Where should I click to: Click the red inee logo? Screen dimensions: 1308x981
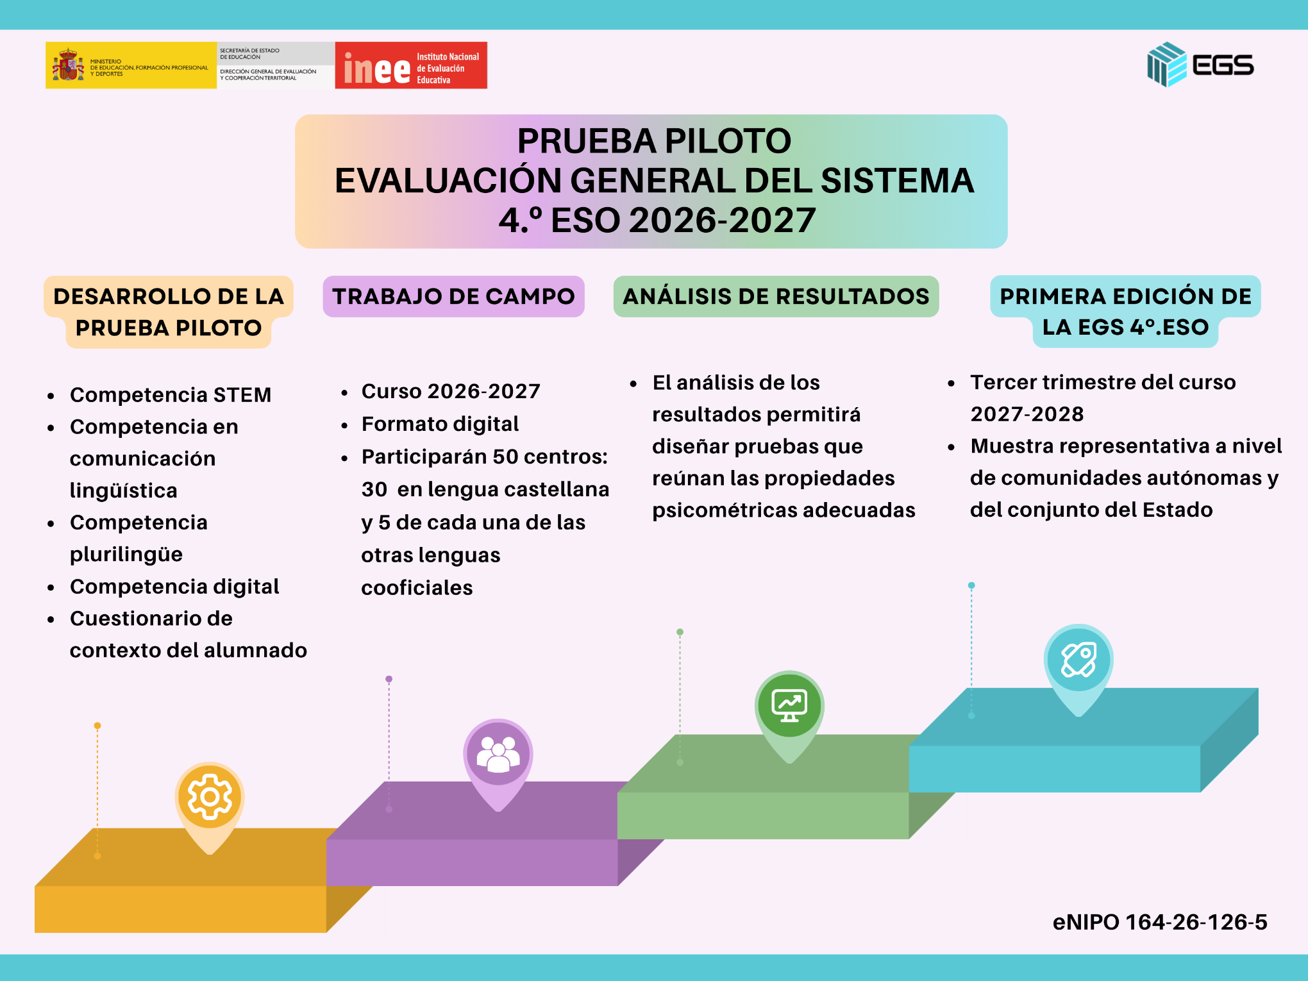[411, 65]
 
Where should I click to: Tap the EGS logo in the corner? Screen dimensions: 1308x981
[1200, 65]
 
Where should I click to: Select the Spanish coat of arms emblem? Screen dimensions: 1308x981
[68, 65]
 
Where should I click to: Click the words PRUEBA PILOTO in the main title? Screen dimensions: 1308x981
[654, 141]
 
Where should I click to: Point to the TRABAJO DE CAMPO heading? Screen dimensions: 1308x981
[453, 296]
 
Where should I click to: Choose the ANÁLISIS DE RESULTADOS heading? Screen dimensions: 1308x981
[776, 296]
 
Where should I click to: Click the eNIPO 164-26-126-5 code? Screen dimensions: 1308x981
[1160, 922]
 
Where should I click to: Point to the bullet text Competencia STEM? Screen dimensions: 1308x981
[171, 395]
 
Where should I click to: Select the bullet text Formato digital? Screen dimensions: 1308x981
[440, 424]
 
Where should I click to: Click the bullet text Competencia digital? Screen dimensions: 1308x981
[174, 587]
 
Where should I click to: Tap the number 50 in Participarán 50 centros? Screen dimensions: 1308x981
[505, 457]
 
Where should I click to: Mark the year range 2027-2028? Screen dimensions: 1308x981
[1027, 414]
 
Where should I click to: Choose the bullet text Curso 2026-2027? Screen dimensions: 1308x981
[451, 391]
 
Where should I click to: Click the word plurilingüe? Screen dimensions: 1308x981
[126, 555]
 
